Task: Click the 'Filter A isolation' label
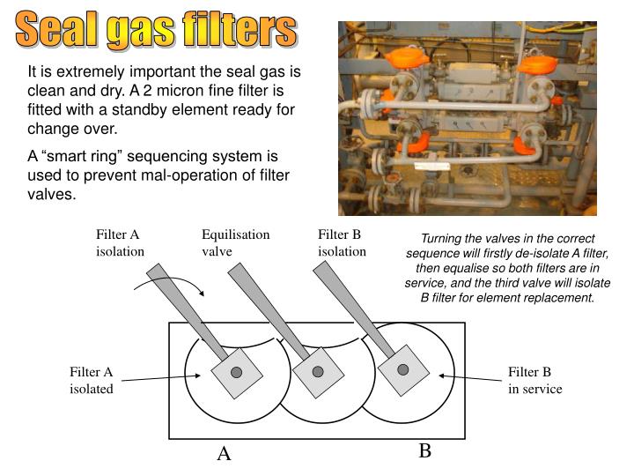120,242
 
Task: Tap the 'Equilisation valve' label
235,242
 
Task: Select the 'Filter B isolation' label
342,242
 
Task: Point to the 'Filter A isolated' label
92,381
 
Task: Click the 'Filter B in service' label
534,381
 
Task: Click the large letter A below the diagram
224,454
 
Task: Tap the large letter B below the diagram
424,450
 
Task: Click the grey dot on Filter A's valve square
236,372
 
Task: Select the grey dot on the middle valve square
318,372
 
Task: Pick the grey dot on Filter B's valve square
402,369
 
